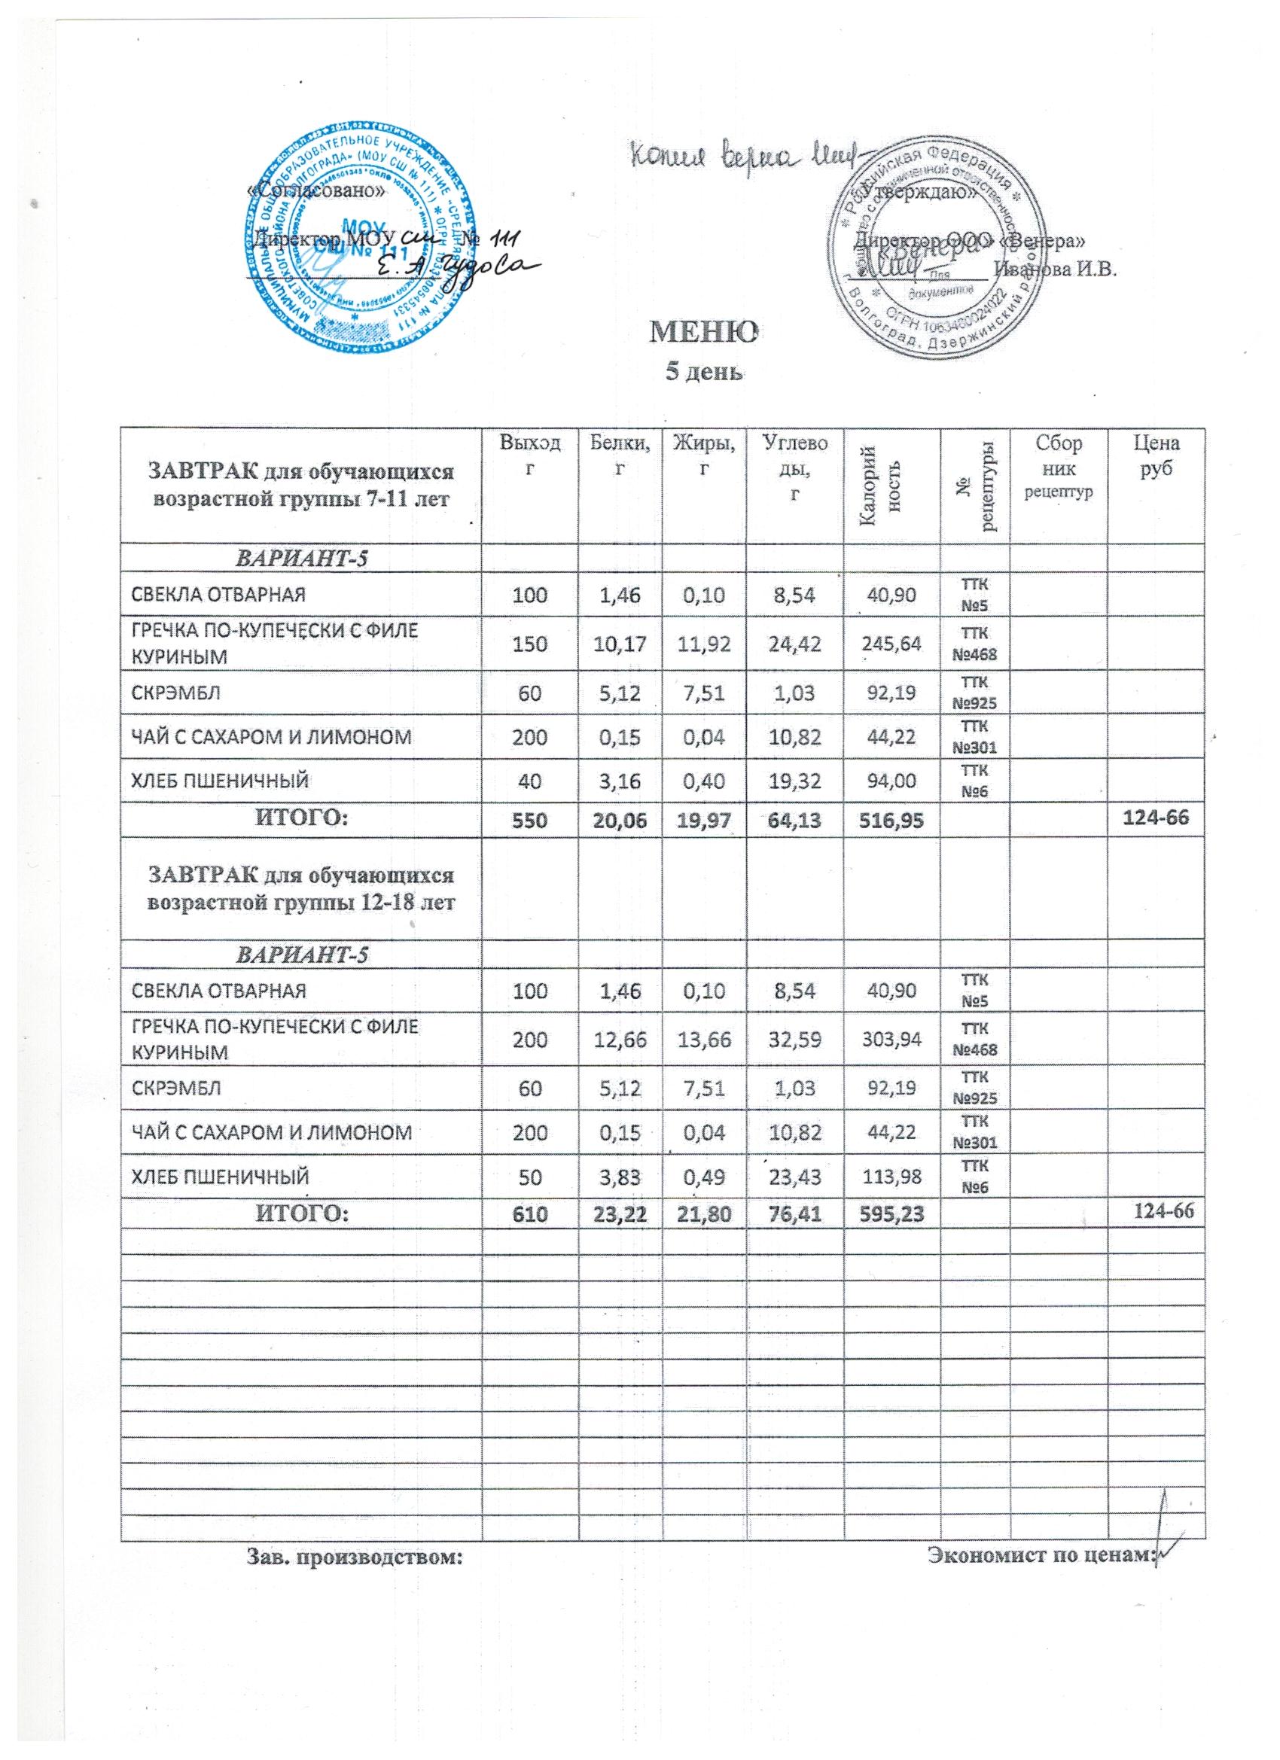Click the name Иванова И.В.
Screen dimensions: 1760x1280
click(1055, 269)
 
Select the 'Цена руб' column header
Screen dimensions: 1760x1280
click(1156, 455)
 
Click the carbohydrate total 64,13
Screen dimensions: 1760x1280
click(794, 820)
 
